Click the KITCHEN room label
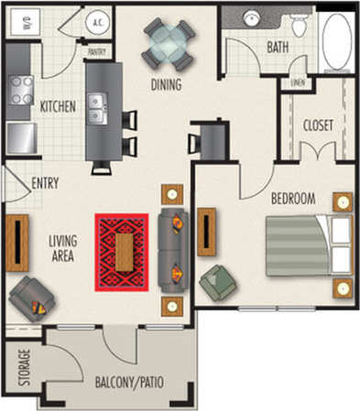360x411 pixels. click(58, 107)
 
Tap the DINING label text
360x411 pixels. click(166, 85)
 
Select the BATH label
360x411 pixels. click(278, 46)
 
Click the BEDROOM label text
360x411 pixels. click(293, 199)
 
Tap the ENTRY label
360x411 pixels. click(45, 183)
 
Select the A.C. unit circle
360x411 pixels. click(98, 22)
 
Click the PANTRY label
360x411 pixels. click(97, 53)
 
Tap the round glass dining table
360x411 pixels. click(168, 43)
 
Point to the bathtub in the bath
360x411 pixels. click(336, 43)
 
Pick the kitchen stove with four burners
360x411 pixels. click(21, 90)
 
